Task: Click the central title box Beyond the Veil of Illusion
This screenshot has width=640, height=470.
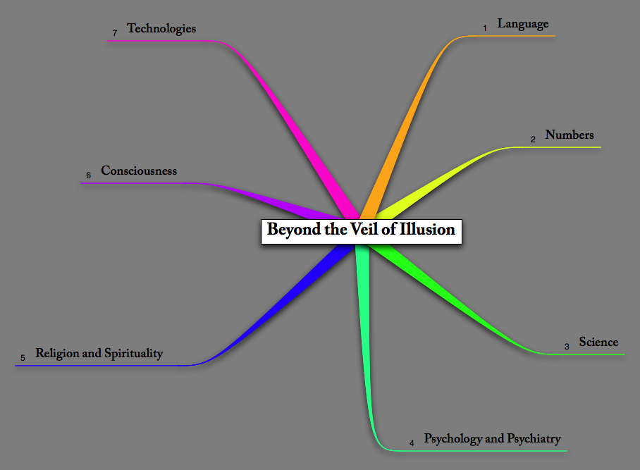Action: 361,230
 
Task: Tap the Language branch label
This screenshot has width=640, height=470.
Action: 522,24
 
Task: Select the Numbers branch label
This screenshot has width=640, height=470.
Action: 570,135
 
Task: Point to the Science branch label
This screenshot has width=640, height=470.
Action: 598,342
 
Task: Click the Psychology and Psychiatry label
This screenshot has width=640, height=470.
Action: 492,439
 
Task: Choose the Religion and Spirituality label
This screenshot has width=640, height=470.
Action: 99,354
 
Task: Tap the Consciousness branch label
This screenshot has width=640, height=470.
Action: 139,171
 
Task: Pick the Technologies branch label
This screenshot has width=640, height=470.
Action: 161,29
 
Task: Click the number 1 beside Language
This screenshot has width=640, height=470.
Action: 485,28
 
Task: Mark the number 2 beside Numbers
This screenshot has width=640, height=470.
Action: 534,140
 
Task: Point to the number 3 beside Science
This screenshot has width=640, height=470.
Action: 567,346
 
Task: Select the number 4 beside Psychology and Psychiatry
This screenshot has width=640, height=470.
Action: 412,443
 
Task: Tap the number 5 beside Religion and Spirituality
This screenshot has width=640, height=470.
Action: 23,358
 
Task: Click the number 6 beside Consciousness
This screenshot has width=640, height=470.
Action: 89,175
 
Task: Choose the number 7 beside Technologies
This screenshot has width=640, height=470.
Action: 115,33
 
